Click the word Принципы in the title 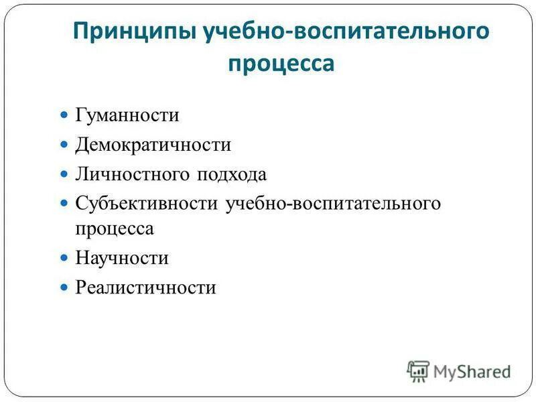point(131,33)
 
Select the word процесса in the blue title point(281,64)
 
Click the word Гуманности point(127,115)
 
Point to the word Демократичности point(153,145)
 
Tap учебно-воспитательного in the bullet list point(334,203)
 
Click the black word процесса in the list point(115,228)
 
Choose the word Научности point(122,258)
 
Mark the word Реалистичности point(146,287)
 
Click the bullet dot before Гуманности point(65,115)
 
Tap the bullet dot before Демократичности point(65,145)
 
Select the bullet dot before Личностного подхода point(65,174)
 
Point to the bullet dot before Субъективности point(65,203)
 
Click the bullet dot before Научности point(65,258)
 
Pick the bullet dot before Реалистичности point(65,287)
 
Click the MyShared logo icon point(418,371)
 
